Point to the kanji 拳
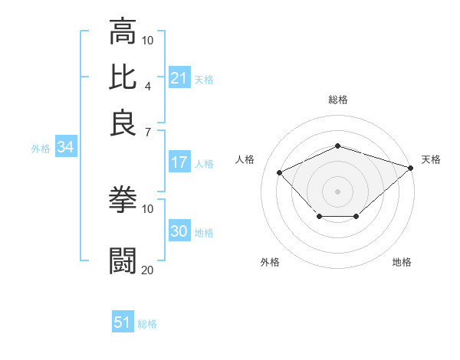pos(123,200)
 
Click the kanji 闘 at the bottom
pos(123,260)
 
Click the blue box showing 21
pos(179,78)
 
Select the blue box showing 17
pos(179,162)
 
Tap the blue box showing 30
pos(179,232)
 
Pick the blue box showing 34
pos(65,148)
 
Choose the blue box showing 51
pos(123,322)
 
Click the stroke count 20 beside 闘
pos(148,270)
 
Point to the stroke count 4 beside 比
pos(148,85)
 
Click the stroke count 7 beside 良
pos(148,132)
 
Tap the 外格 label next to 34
pos(41,149)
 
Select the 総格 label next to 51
pos(147,324)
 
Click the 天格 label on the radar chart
pos(431,159)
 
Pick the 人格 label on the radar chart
pos(245,159)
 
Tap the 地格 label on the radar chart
pos(402,263)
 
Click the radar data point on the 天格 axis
pos(412,167)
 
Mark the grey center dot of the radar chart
pos(337,191)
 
